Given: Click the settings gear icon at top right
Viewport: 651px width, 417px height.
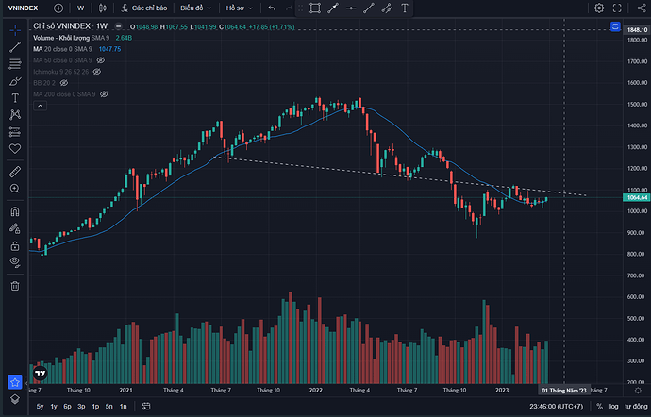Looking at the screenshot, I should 599,8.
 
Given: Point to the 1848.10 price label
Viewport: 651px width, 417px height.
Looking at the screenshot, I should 638,29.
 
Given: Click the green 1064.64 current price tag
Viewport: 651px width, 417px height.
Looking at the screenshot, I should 638,197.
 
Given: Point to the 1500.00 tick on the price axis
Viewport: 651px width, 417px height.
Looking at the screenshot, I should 638,104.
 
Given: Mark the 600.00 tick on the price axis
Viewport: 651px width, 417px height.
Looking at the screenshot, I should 638,297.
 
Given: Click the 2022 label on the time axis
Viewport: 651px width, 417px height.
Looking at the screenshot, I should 315,389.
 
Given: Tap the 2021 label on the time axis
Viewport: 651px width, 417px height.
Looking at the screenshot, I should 125,389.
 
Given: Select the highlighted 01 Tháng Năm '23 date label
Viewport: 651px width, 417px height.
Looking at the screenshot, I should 563,389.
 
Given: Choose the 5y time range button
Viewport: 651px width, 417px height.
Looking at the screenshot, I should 40,407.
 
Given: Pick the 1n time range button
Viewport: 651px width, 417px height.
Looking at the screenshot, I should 123,407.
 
